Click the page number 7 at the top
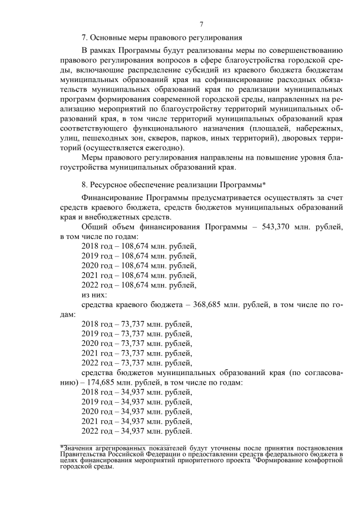(202, 23)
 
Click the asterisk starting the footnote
(62, 447)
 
